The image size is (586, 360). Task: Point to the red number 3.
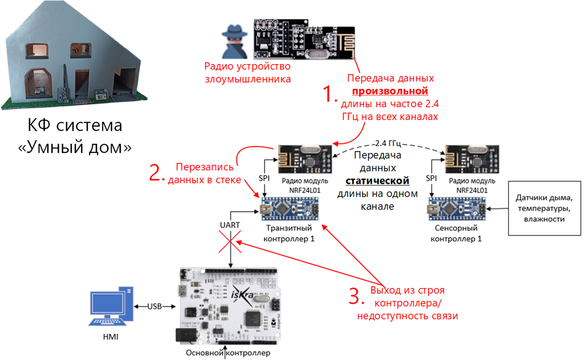point(357,296)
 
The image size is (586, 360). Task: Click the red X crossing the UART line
point(230,243)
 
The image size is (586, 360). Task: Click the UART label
point(229,224)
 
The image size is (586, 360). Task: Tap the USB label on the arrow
point(155,307)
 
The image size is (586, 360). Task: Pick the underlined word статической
point(378,181)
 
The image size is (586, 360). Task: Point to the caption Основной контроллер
point(228,354)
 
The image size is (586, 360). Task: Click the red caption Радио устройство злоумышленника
point(248,73)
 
